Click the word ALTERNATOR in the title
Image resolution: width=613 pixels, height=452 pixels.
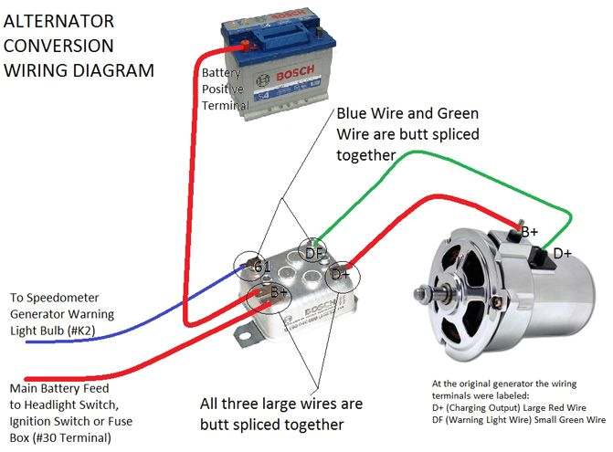pos(59,21)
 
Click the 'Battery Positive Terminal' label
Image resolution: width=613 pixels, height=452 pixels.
pos(224,89)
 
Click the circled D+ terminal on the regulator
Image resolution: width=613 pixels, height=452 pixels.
pos(341,273)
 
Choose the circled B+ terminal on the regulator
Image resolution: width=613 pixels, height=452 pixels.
pos(280,294)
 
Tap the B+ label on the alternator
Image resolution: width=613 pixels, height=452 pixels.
pos(528,232)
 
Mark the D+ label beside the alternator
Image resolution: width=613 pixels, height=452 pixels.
pos(562,253)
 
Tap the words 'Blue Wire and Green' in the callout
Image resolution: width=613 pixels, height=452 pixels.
pos(407,115)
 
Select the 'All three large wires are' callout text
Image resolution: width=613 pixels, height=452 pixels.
pos(281,404)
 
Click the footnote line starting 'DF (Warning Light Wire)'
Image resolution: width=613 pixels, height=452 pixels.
pos(519,420)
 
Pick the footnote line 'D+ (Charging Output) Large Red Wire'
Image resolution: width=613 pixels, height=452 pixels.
pos(508,407)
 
